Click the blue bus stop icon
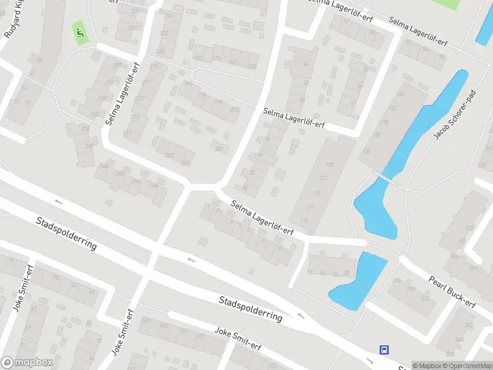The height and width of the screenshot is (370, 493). (385, 350)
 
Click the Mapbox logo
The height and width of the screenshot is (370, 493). (27, 363)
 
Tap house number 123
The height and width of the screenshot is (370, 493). (329, 165)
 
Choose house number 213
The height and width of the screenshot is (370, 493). (135, 117)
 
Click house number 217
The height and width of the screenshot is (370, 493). (147, 83)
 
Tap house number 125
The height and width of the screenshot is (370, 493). (367, 150)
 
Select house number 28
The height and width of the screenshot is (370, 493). (346, 273)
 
